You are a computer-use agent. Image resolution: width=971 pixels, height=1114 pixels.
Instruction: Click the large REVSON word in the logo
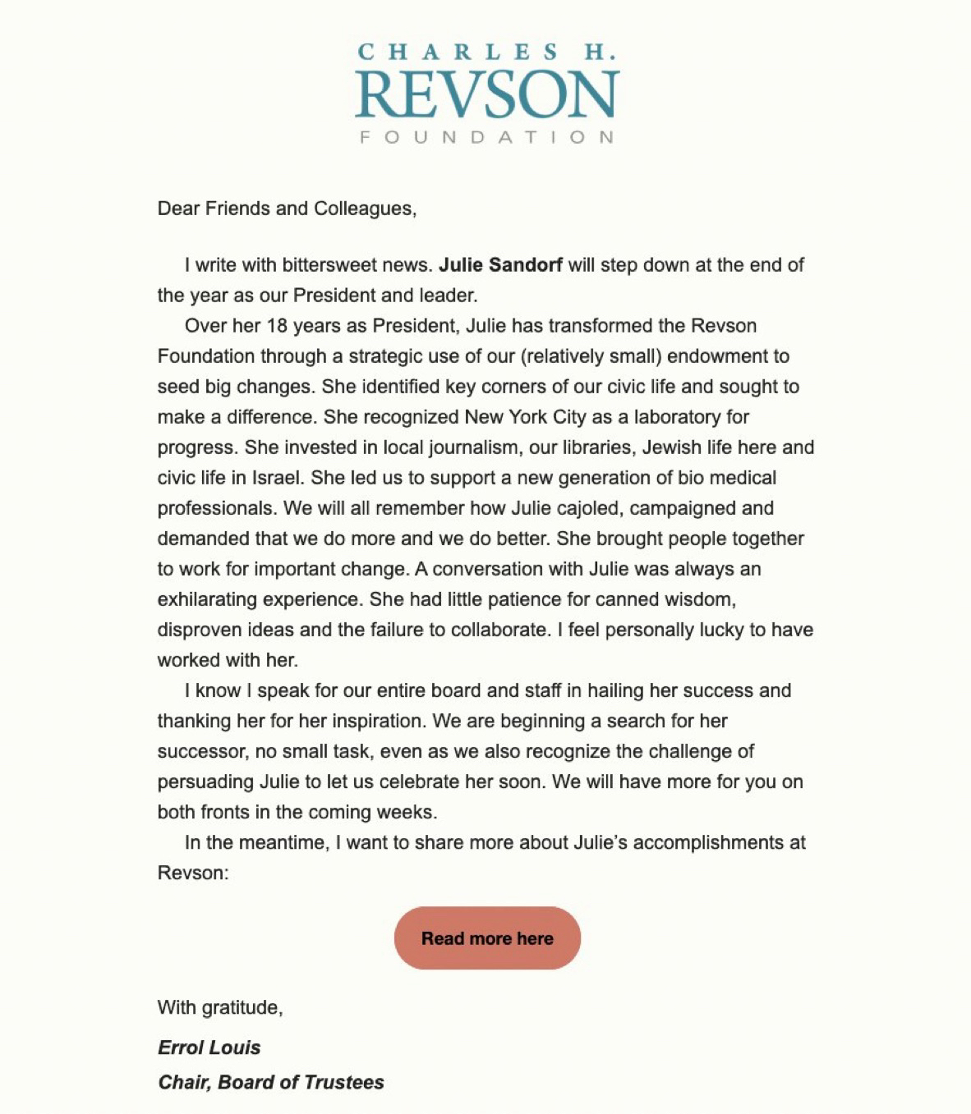tap(487, 94)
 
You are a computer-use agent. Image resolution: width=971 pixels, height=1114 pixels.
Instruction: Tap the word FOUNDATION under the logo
tap(487, 137)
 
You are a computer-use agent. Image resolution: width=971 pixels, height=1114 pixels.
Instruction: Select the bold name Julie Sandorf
tap(500, 265)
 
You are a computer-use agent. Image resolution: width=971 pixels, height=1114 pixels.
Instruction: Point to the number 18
tap(277, 326)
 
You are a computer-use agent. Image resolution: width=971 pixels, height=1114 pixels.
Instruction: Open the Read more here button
tap(487, 938)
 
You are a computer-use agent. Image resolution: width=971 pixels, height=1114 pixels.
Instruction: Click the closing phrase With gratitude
tap(220, 1007)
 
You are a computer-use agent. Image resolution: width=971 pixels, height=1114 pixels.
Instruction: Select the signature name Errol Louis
tap(209, 1048)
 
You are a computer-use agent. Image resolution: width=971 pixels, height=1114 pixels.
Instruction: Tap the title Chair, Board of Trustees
tap(271, 1082)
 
